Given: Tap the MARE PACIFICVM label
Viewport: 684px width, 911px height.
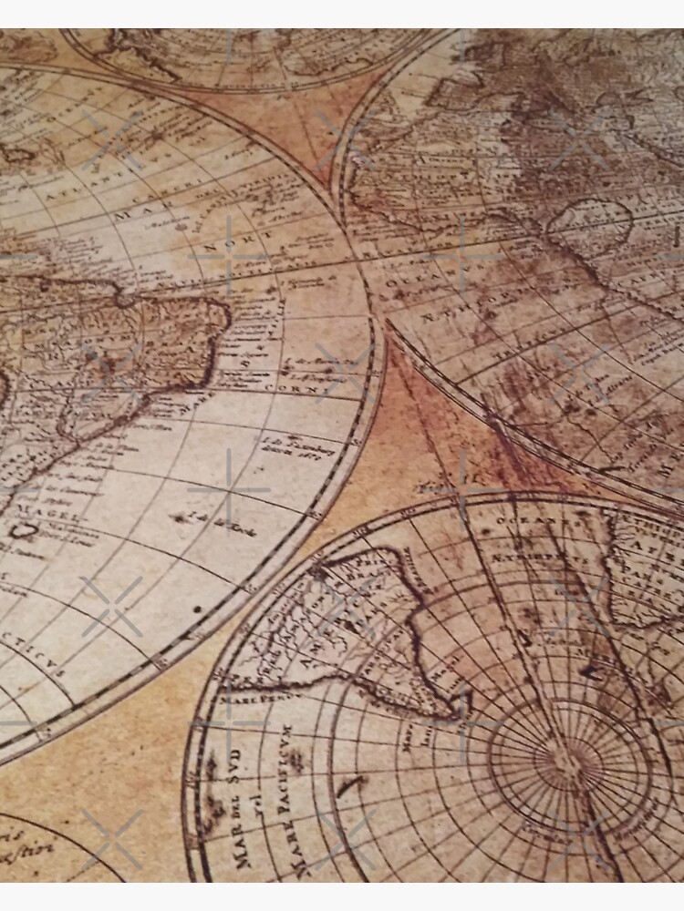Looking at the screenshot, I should (x=283, y=788).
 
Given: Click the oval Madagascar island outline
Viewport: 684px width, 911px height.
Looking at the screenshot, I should (x=589, y=223).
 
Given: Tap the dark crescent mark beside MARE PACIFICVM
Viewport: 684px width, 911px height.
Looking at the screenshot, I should (x=351, y=786).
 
